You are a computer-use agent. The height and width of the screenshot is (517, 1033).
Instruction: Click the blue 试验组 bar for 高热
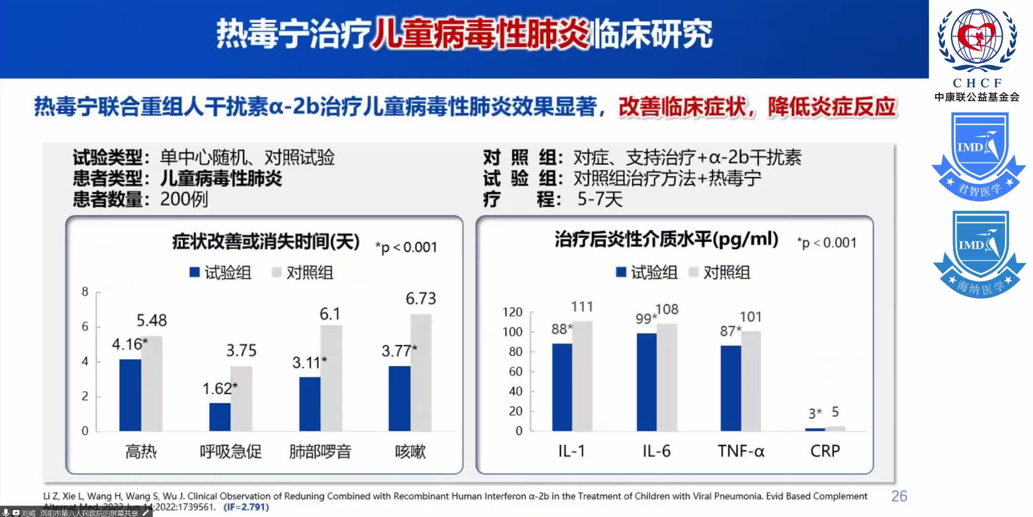pyautogui.click(x=130, y=395)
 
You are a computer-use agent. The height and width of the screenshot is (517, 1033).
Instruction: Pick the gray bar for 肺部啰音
pyautogui.click(x=331, y=378)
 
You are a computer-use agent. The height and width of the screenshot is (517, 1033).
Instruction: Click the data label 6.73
pyautogui.click(x=421, y=299)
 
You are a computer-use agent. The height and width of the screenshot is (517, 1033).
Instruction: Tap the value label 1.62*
pyautogui.click(x=220, y=388)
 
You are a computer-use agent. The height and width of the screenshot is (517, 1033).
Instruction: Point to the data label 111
pyautogui.click(x=582, y=306)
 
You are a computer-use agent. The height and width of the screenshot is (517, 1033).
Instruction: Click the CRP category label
pyautogui.click(x=825, y=451)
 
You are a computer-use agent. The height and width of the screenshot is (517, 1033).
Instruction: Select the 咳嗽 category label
pyautogui.click(x=410, y=451)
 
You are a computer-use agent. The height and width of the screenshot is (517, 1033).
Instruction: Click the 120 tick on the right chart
pyautogui.click(x=512, y=312)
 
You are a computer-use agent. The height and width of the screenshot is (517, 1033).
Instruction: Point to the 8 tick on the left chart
pyautogui.click(x=85, y=292)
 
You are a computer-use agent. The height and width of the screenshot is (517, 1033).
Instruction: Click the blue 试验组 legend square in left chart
pyautogui.click(x=194, y=272)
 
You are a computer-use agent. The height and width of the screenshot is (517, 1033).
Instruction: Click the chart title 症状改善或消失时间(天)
pyautogui.click(x=266, y=242)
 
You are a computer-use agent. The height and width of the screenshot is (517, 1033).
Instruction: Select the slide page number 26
pyautogui.click(x=899, y=496)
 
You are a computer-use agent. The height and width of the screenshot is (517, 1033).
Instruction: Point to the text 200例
pyautogui.click(x=184, y=199)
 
